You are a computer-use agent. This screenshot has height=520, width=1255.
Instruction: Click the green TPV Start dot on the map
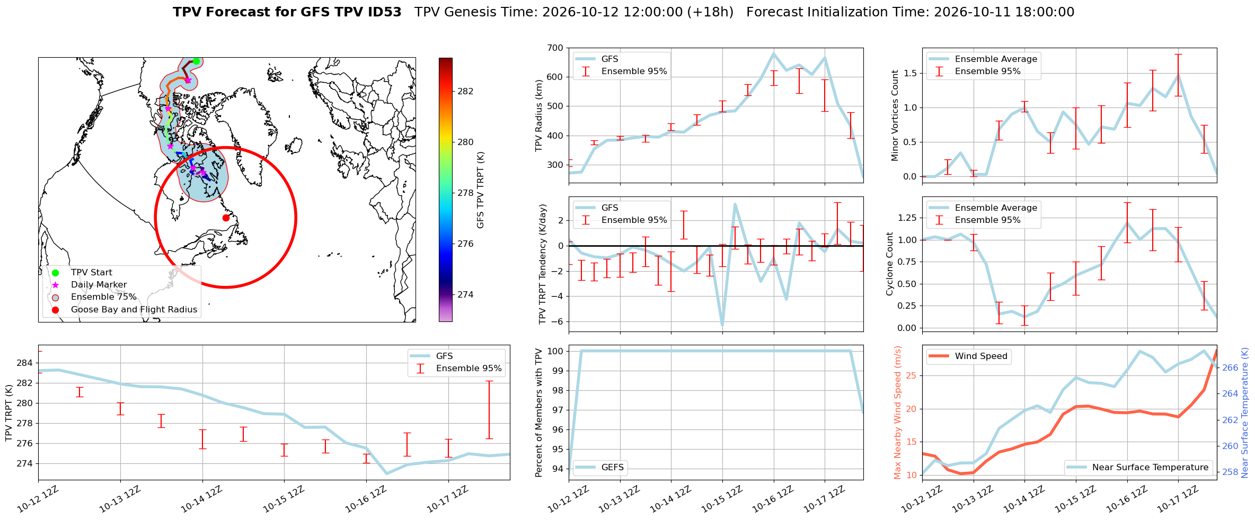196,61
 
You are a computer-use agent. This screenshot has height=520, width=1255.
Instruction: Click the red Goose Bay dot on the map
226,218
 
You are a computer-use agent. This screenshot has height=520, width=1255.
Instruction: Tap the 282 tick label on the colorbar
465,91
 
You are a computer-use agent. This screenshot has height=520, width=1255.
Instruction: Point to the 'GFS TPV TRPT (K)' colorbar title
481,190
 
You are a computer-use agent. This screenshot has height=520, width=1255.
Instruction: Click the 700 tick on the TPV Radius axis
556,48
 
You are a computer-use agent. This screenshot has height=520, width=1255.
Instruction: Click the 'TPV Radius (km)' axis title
540,115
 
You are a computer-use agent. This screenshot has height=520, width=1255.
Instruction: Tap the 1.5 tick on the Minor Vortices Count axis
910,73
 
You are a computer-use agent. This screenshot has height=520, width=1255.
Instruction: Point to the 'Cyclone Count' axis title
889,264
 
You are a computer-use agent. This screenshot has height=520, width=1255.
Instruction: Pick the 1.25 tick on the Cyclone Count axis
907,218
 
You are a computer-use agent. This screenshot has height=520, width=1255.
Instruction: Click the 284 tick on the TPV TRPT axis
24,363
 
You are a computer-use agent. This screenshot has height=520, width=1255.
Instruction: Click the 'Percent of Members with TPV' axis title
540,413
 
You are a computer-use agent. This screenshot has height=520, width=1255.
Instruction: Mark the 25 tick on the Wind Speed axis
911,375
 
